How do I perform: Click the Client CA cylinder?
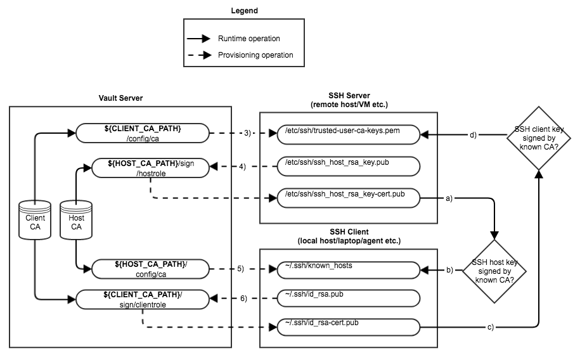click(x=35, y=220)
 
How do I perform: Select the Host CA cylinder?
click(x=76, y=220)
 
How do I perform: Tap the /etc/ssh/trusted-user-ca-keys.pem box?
click(x=349, y=134)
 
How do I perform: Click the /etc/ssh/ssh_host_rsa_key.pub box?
click(x=349, y=167)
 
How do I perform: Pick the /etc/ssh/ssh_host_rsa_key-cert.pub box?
click(x=349, y=198)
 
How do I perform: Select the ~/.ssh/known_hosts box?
click(x=349, y=269)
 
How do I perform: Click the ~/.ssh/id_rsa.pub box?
click(x=349, y=299)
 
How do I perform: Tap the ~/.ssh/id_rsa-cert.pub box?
click(x=349, y=328)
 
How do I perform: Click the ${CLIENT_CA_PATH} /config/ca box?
click(x=143, y=134)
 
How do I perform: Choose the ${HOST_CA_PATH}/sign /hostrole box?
click(x=150, y=167)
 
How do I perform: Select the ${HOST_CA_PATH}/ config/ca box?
click(x=150, y=269)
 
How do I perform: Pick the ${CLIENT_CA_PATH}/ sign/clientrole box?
click(x=143, y=299)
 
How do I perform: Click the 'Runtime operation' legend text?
click(x=248, y=39)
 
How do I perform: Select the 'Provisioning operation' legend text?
click(x=255, y=55)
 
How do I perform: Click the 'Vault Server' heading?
click(x=120, y=98)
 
